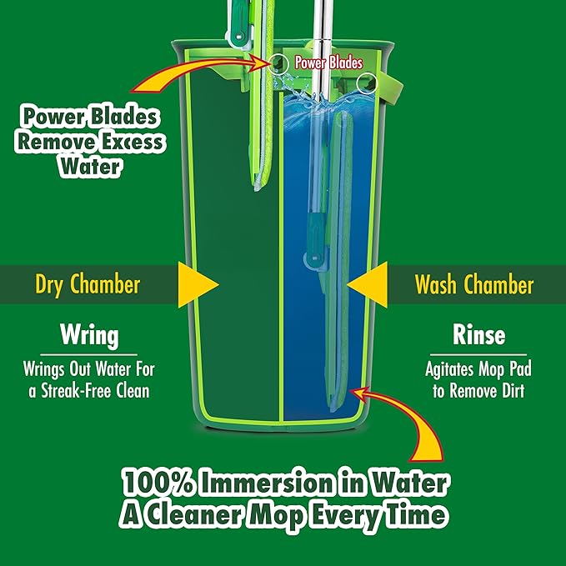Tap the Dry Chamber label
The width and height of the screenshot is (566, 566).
(88, 285)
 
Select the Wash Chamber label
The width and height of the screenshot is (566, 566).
(474, 285)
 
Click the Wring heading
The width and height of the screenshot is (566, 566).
(88, 336)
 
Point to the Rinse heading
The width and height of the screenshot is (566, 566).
(478, 336)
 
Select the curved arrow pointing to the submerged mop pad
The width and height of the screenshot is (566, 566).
(413, 425)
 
